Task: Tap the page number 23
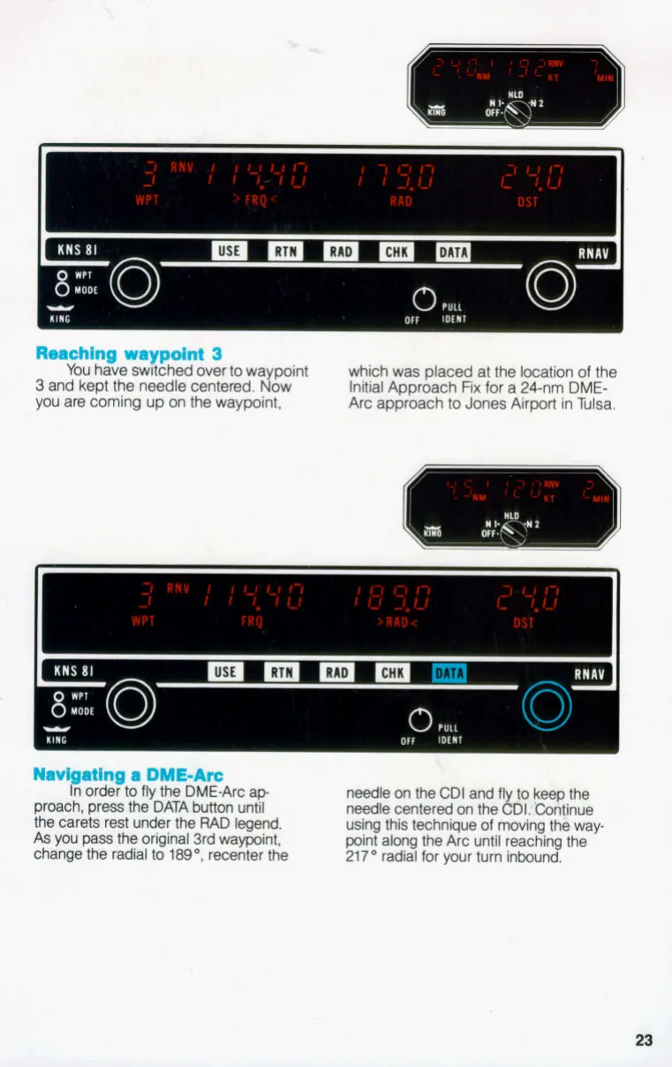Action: click(644, 1040)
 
